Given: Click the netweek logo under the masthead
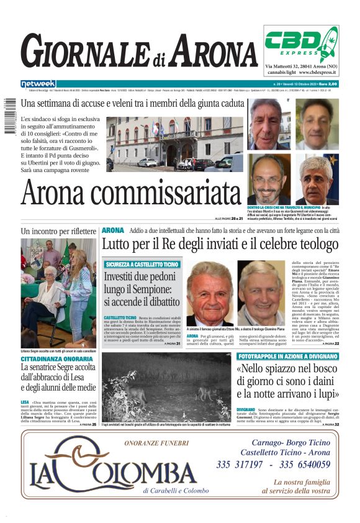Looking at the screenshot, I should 38,83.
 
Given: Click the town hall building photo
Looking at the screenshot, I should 174,144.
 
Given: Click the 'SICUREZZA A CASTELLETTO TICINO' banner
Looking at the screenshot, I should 142,264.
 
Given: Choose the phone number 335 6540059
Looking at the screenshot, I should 308,465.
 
